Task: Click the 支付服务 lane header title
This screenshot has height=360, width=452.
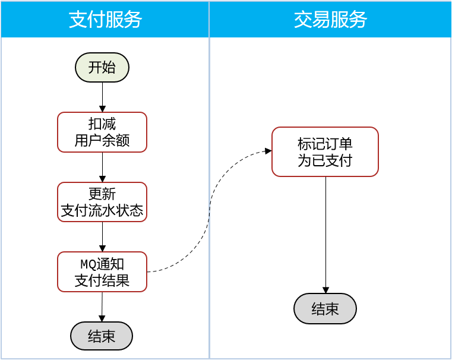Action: coord(105,20)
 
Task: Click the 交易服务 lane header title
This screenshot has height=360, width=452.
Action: coord(330,20)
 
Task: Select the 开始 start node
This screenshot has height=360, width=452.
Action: coord(102,67)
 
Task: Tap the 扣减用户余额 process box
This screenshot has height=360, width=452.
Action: coord(102,132)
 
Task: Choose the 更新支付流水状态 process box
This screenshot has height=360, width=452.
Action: coord(102,202)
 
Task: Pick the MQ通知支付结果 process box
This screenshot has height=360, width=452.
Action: coord(102,271)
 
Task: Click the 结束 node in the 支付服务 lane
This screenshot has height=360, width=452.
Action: coord(102,336)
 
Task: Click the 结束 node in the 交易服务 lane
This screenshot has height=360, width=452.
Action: coord(325,308)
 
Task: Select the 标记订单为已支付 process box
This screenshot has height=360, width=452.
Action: coord(325,151)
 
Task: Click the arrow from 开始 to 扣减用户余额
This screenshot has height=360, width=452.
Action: coord(102,96)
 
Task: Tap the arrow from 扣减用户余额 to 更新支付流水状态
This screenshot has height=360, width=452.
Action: coord(102,166)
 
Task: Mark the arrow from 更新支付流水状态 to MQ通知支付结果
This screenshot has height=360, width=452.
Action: coord(102,236)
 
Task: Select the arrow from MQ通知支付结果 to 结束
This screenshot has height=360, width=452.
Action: coord(102,306)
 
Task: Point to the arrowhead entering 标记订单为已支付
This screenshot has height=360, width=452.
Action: coord(268,151)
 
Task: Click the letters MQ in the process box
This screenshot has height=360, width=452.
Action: coord(87,264)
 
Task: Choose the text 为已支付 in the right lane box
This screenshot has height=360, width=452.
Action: coord(325,160)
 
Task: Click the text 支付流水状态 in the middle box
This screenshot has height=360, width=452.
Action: coord(102,210)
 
